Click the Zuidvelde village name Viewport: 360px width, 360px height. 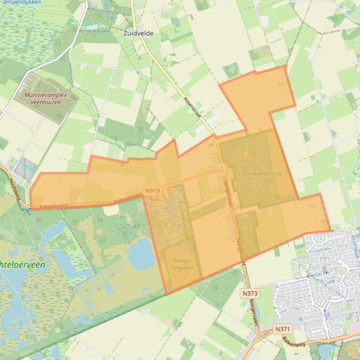(139, 34)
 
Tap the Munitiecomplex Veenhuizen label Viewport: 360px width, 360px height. (46, 98)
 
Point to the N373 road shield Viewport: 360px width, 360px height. (251, 293)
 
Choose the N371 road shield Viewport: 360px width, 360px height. (282, 329)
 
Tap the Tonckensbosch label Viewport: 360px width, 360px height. (262, 173)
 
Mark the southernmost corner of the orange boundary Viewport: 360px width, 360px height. (166, 295)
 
